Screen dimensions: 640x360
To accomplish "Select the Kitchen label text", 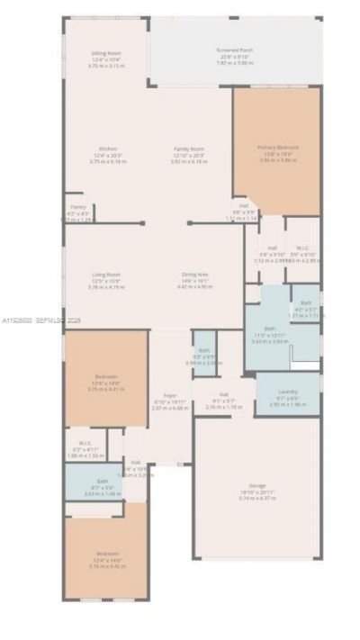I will tap(107, 149).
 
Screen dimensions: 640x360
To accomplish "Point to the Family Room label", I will tap(189, 149).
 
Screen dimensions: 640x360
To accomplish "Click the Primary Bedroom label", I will tap(277, 147).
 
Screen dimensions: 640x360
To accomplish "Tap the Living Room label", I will tap(106, 275).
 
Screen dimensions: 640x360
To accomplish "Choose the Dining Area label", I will tap(195, 275).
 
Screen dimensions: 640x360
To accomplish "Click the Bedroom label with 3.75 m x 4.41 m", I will tap(106, 376).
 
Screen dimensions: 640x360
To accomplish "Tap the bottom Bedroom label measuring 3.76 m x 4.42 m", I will tap(106, 554).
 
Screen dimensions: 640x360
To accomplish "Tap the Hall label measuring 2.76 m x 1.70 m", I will tap(223, 394).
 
